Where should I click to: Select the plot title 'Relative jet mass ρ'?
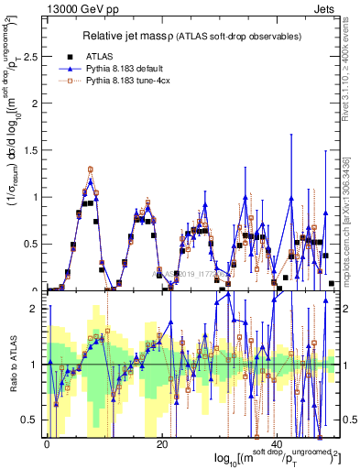(146, 37)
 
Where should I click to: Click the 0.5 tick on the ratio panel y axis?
(31, 420)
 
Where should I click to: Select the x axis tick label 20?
(161, 444)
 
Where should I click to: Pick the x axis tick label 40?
(276, 444)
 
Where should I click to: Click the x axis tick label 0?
(47, 444)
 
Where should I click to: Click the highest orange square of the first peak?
(90, 169)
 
